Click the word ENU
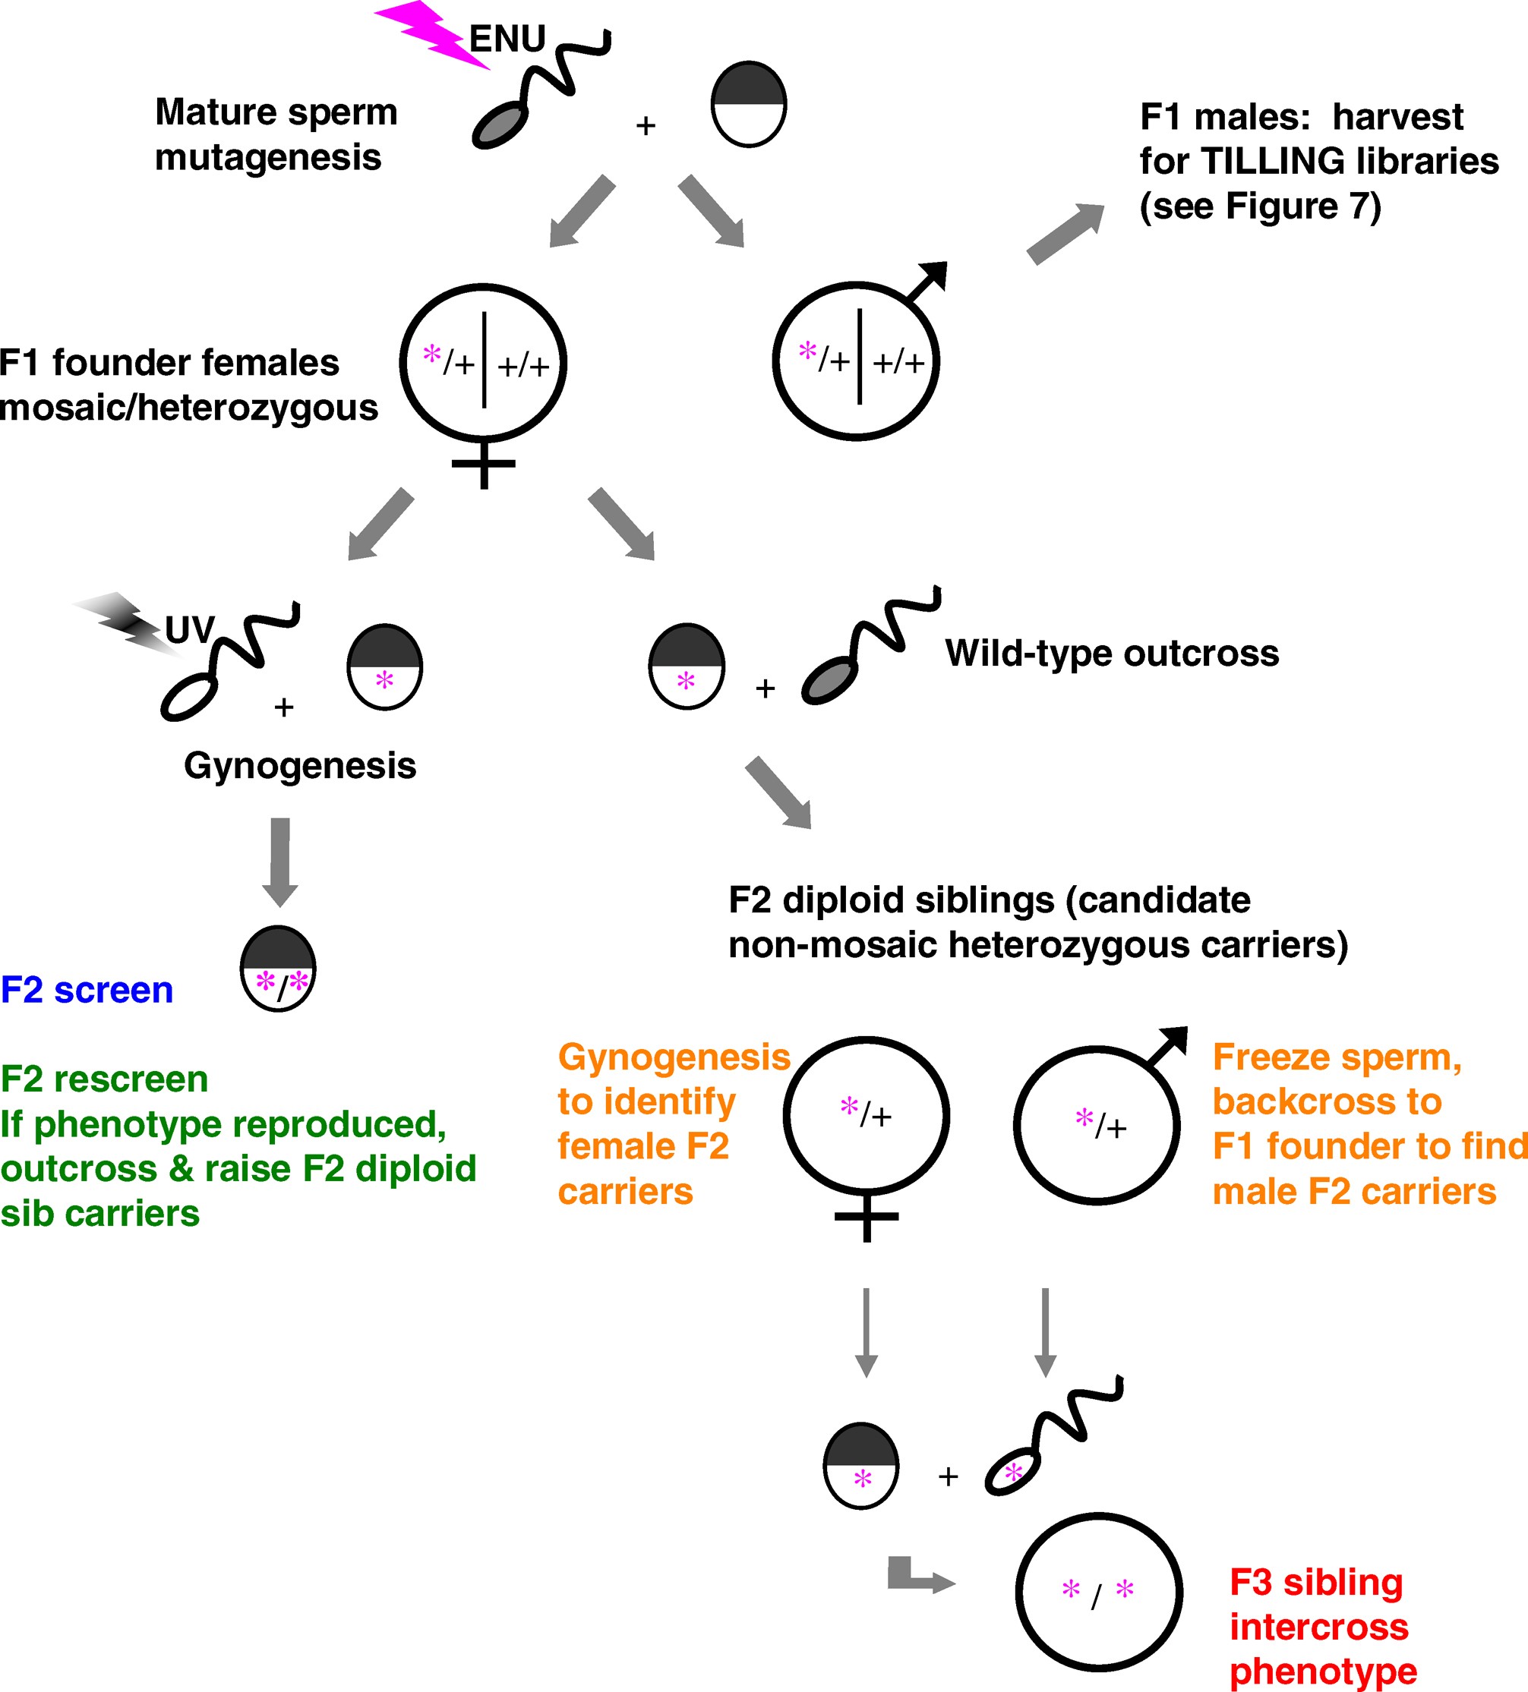(x=507, y=39)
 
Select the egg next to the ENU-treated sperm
(x=748, y=104)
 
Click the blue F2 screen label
(x=87, y=991)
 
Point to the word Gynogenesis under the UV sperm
(x=300, y=765)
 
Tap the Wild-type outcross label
(x=1112, y=653)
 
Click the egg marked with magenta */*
(x=278, y=969)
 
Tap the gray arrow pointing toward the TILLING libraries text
(x=1065, y=233)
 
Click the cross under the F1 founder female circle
(x=484, y=464)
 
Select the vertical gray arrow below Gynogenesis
(x=280, y=861)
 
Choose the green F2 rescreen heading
(x=104, y=1079)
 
